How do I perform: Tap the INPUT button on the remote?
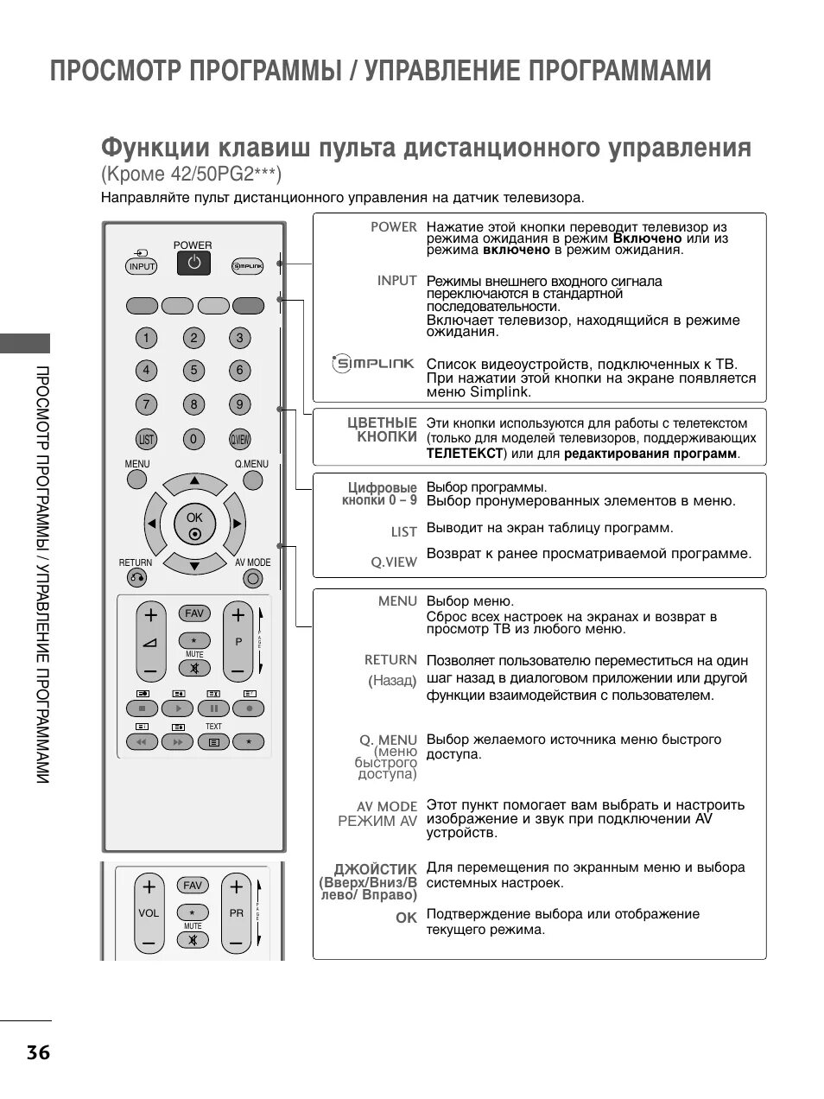142,266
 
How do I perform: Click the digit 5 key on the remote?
193,371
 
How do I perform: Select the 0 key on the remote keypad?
193,439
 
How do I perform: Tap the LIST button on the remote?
146,439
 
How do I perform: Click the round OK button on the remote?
194,524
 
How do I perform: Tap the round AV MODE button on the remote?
253,578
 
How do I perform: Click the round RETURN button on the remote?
136,578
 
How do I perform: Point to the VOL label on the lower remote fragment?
149,912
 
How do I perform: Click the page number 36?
38,1052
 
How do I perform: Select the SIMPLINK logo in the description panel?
374,364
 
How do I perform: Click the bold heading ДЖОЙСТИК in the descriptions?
376,868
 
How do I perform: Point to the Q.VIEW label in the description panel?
394,562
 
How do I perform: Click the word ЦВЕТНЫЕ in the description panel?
382,422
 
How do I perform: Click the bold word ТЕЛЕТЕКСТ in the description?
464,453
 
